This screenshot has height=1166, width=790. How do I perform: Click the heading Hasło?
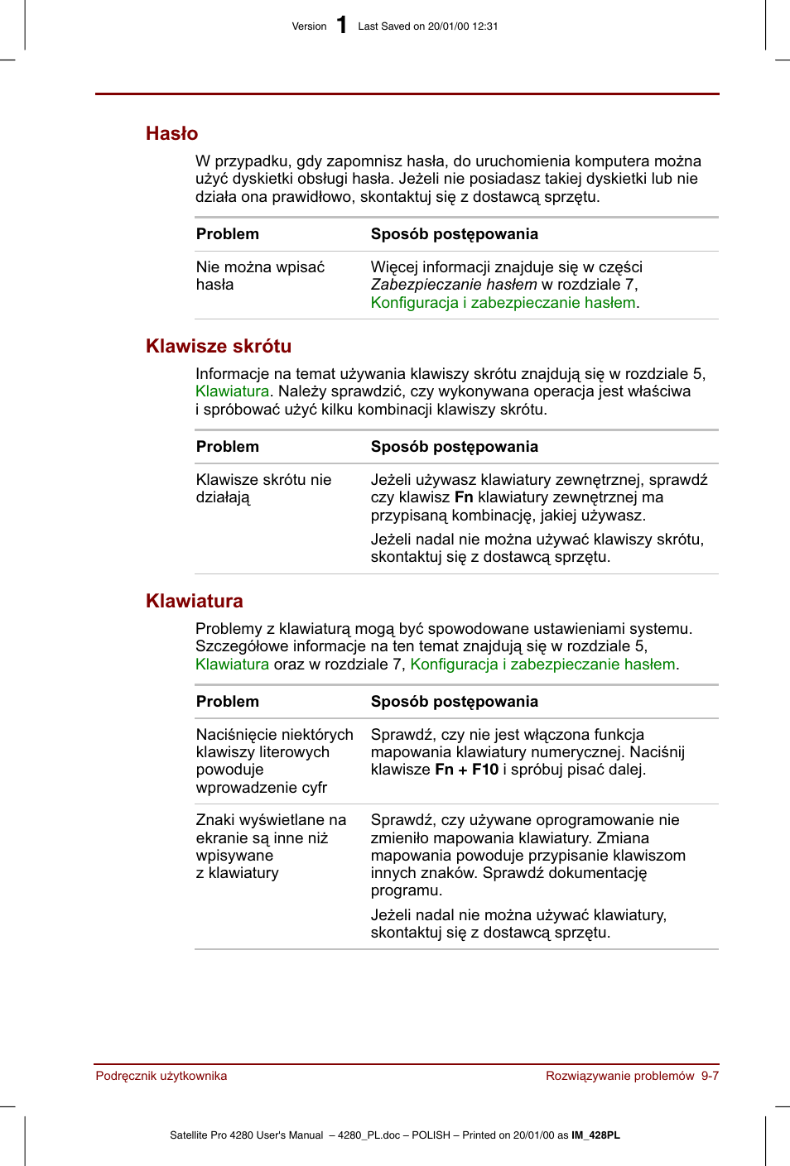(x=171, y=133)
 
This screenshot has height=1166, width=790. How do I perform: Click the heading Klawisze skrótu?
(x=219, y=346)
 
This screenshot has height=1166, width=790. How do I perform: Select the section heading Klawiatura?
(x=195, y=601)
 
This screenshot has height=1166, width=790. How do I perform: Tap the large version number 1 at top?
(x=342, y=26)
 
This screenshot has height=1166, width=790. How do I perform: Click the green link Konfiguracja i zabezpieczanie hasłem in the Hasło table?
(x=503, y=303)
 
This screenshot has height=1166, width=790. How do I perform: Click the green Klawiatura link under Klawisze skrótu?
(x=232, y=391)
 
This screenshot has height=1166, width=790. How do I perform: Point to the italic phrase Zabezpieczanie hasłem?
(x=454, y=285)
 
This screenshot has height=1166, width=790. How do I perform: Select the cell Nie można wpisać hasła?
(x=260, y=276)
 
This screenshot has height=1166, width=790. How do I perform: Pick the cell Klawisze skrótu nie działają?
(x=263, y=488)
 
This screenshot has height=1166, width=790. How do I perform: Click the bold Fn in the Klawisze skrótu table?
(x=464, y=497)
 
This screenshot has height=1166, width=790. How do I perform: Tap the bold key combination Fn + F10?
(x=467, y=770)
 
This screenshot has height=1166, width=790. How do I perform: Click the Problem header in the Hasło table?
(x=228, y=234)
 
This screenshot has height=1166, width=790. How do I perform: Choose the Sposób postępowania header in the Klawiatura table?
(x=454, y=702)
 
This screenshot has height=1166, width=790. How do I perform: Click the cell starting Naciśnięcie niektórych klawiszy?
(x=274, y=761)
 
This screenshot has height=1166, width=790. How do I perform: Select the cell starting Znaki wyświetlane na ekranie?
(x=271, y=846)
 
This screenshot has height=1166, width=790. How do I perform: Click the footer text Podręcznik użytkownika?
(x=161, y=1076)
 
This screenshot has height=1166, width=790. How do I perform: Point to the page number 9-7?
(x=710, y=1076)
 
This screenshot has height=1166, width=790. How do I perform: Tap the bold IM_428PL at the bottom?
(x=595, y=1135)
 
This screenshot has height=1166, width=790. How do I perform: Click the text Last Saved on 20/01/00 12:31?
(x=428, y=26)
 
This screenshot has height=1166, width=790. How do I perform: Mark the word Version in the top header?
(x=309, y=26)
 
